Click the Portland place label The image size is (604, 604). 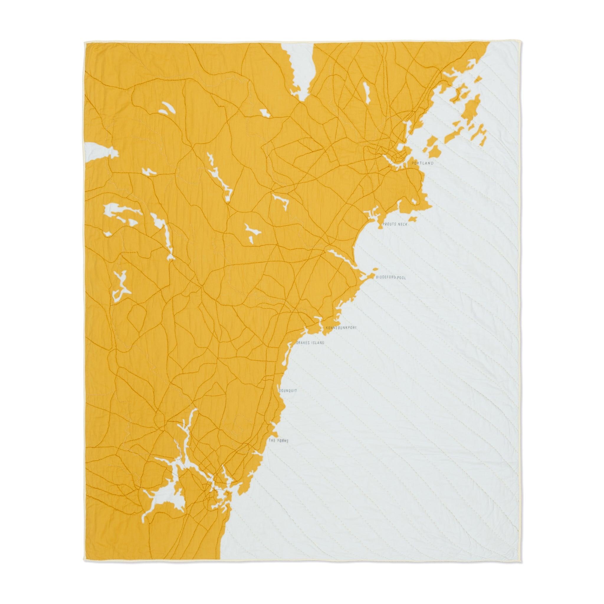click(423, 163)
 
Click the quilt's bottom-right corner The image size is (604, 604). click(519, 559)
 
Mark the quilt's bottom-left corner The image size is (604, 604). click(85, 559)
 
